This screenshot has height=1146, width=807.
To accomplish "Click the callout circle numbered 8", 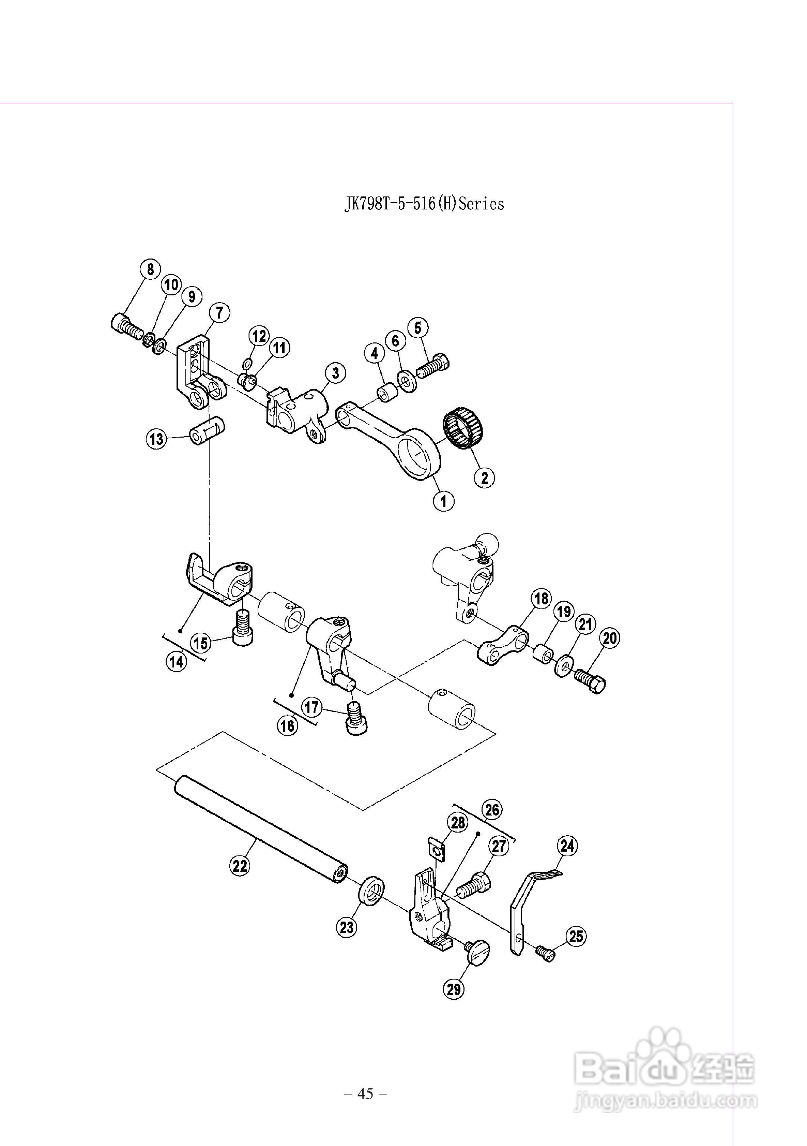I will pyautogui.click(x=151, y=269).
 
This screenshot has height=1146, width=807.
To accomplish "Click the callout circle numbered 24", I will pyautogui.click(x=567, y=846).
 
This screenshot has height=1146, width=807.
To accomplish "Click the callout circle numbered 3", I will pyautogui.click(x=336, y=373).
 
